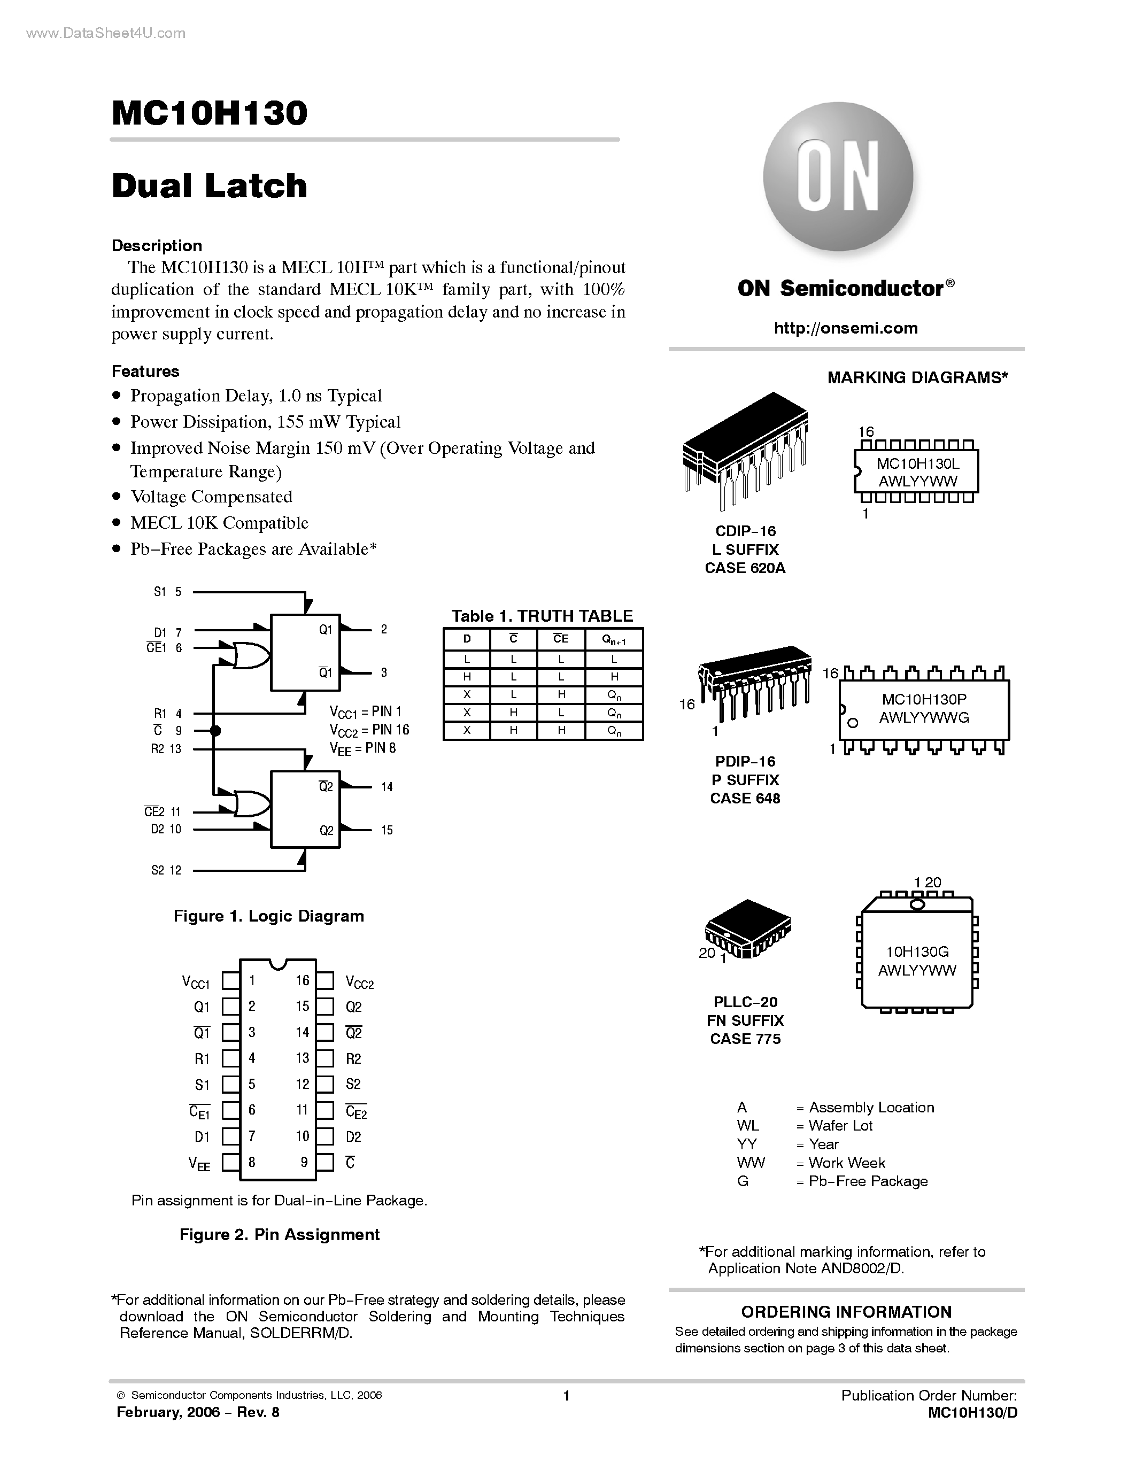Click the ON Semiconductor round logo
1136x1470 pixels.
click(838, 177)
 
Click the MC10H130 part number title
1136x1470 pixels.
click(210, 113)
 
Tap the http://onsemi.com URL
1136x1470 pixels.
click(846, 328)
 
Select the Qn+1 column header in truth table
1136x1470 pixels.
click(614, 639)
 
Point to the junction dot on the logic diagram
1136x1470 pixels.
click(215, 730)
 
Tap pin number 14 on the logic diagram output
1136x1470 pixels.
click(387, 787)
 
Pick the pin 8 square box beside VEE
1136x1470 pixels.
click(231, 1163)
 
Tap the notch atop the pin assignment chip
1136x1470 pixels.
click(278, 964)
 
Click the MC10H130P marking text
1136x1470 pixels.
click(924, 699)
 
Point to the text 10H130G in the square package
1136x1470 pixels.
click(917, 951)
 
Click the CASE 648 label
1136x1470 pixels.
click(745, 798)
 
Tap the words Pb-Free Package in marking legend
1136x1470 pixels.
click(868, 1181)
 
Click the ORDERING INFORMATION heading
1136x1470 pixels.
click(846, 1312)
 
